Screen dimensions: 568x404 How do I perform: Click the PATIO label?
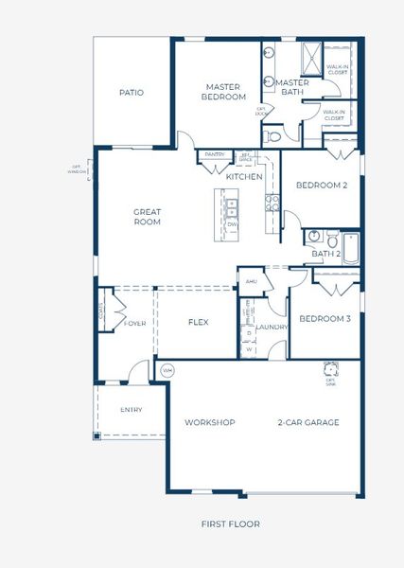pyautogui.click(x=131, y=93)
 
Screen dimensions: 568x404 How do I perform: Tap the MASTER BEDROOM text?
pyautogui.click(x=225, y=92)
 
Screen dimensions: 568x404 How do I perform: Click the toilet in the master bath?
pyautogui.click(x=274, y=136)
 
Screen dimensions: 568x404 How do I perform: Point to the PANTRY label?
pyautogui.click(x=215, y=155)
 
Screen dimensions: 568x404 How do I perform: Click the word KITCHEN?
pyautogui.click(x=243, y=177)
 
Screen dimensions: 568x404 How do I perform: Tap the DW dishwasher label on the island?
pyautogui.click(x=233, y=224)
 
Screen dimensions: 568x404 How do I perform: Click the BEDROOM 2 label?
pyautogui.click(x=322, y=185)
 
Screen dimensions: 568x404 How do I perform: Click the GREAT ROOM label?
pyautogui.click(x=147, y=217)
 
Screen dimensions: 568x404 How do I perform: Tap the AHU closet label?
pyautogui.click(x=251, y=281)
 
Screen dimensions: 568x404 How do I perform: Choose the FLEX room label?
pyautogui.click(x=198, y=322)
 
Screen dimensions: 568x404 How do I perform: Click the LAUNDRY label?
pyautogui.click(x=272, y=327)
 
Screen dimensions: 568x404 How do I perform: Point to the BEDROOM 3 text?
pyautogui.click(x=325, y=319)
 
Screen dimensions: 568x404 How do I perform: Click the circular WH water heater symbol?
pyautogui.click(x=167, y=369)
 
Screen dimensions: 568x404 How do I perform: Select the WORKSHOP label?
pyautogui.click(x=209, y=422)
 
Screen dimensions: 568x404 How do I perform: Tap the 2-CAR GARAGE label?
pyautogui.click(x=307, y=422)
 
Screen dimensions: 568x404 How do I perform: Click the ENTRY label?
pyautogui.click(x=131, y=410)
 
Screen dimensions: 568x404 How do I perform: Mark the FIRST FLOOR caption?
pyautogui.click(x=230, y=524)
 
